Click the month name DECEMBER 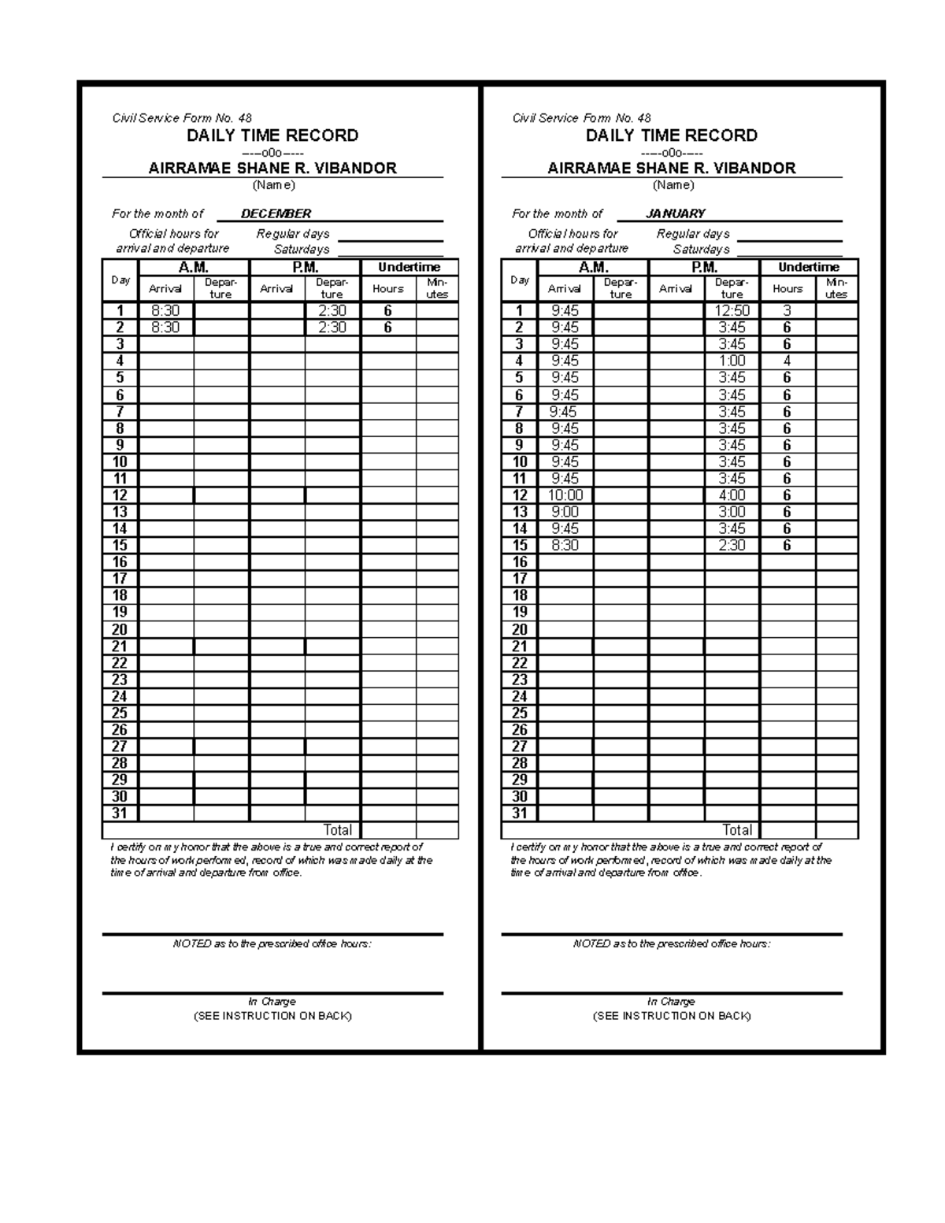[x=276, y=213]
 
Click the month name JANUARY [x=675, y=213]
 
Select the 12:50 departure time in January [x=732, y=311]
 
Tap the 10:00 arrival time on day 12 [x=565, y=495]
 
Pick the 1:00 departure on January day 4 [x=732, y=361]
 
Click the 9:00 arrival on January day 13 [x=565, y=512]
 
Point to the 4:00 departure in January [x=732, y=495]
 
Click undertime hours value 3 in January [x=787, y=311]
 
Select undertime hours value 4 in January [x=787, y=361]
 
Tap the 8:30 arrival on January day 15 [x=565, y=545]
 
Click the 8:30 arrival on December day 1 [x=165, y=311]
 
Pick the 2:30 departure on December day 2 [x=332, y=328]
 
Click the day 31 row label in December [x=120, y=813]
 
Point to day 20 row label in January [x=520, y=629]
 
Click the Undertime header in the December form [x=409, y=267]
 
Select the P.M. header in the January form [x=704, y=267]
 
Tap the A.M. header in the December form [x=194, y=267]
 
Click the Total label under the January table [x=737, y=830]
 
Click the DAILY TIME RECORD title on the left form [x=272, y=135]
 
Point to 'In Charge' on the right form [x=672, y=1002]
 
